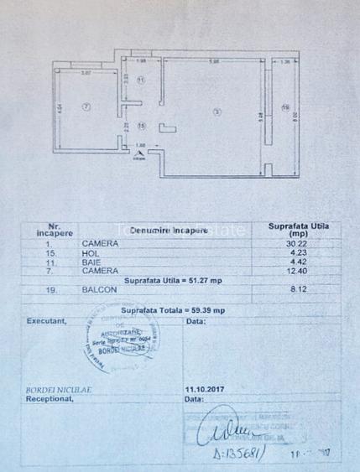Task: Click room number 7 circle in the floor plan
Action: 86,107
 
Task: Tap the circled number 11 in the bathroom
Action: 141,80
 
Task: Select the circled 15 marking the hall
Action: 141,126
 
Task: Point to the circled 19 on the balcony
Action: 285,107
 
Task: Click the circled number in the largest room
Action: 217,112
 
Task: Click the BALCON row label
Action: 97,290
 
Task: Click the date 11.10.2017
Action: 206,389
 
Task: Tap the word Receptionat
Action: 50,399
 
